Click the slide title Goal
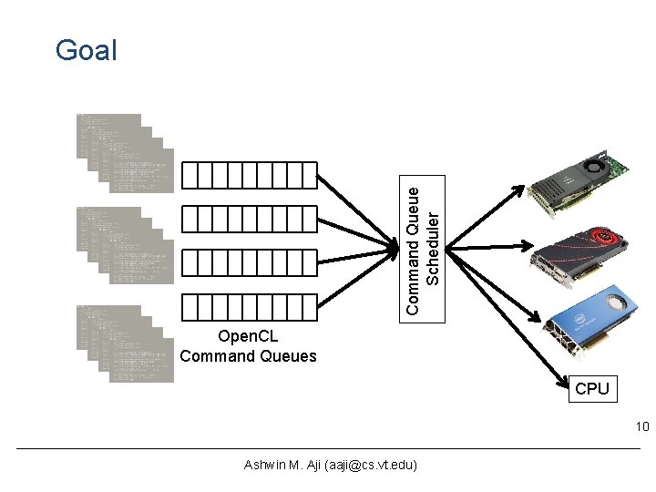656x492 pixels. (86, 50)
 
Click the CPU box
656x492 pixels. (591, 389)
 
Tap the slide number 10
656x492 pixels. (641, 426)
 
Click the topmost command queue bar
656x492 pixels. (249, 175)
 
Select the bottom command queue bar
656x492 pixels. (249, 307)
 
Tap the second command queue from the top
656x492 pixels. (249, 219)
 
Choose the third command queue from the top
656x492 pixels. (249, 263)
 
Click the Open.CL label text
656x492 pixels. (248, 338)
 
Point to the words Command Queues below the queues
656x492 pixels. (248, 356)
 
